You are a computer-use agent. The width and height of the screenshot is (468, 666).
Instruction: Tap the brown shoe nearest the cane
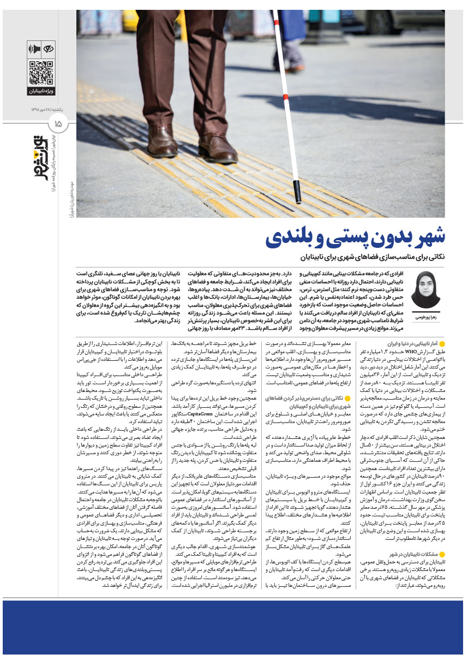217,148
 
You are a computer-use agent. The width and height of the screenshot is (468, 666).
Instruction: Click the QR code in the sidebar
41,73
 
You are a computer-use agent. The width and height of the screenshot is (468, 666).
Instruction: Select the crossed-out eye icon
48,49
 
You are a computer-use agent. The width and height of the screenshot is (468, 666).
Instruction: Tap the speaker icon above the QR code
34,49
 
